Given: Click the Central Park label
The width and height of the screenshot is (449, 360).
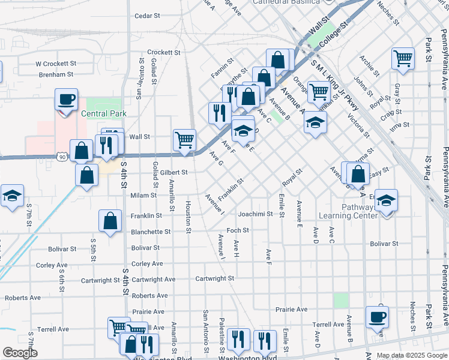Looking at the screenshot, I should coord(103,113).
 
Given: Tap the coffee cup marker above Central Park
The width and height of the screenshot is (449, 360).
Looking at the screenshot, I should coord(66,99).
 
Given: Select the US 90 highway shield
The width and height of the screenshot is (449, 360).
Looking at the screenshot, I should coord(62,157).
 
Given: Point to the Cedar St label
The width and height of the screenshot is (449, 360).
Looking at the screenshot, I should coord(151,16).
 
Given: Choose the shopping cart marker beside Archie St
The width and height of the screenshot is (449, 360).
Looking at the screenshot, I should coord(403,58).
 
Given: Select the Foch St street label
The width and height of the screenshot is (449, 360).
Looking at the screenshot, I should coord(238,230).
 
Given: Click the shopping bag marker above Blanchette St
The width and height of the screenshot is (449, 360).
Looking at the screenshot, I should coord(111,221).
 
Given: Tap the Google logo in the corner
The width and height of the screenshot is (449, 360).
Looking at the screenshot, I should coord(20,353).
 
